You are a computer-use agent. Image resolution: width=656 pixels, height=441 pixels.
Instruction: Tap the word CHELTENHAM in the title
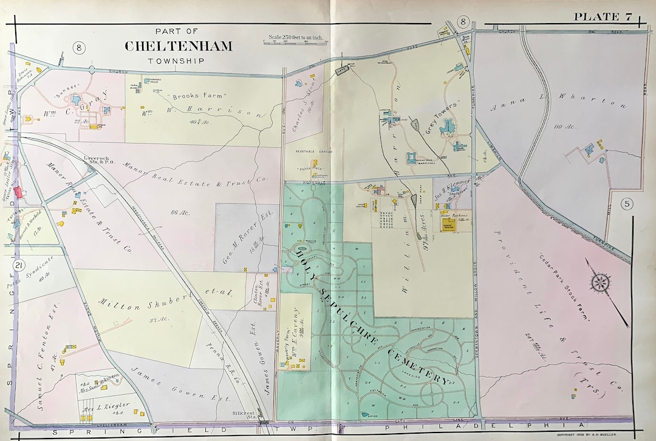click(x=178, y=46)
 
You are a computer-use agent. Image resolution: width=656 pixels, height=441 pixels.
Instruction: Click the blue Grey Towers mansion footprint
click(x=449, y=127)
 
